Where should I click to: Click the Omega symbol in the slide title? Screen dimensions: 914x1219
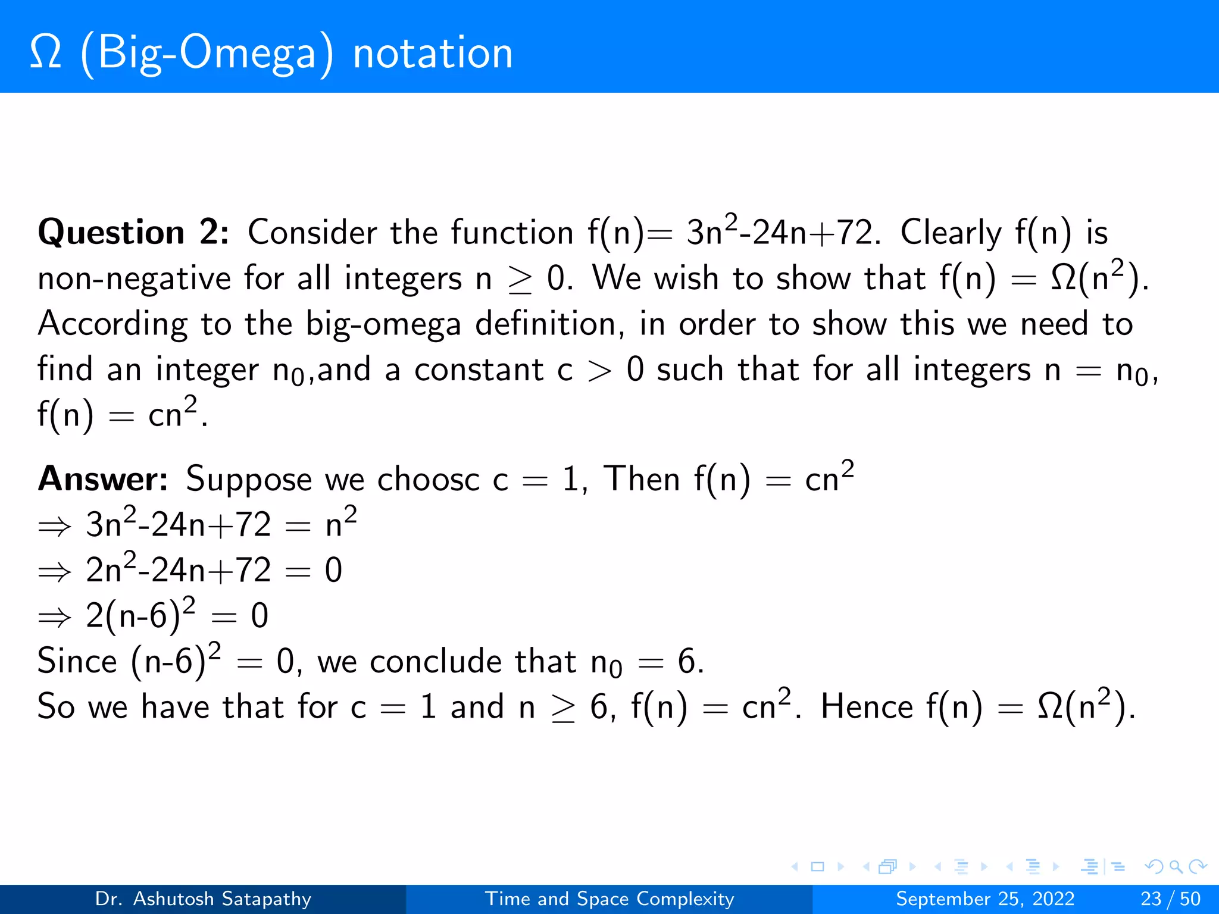[x=45, y=52]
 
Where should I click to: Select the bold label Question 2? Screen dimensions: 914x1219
[x=133, y=232]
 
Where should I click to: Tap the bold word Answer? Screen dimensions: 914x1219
[x=103, y=479]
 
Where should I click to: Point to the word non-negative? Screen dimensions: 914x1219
[x=134, y=278]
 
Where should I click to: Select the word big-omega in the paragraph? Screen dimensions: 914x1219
[x=383, y=325]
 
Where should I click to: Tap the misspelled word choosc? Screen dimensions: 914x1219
[x=428, y=479]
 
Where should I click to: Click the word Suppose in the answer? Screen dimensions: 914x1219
[x=248, y=480]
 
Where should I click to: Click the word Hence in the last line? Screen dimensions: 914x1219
[x=866, y=707]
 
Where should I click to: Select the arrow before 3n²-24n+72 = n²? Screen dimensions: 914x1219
[x=54, y=527]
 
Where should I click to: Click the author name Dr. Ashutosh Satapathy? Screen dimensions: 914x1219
[x=203, y=899]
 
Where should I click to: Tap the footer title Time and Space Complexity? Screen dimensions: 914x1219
[x=609, y=899]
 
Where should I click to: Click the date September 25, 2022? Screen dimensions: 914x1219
[x=985, y=899]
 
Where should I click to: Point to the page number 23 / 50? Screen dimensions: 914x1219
[x=1170, y=899]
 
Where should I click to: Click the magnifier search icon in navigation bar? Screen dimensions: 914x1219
[x=1176, y=866]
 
